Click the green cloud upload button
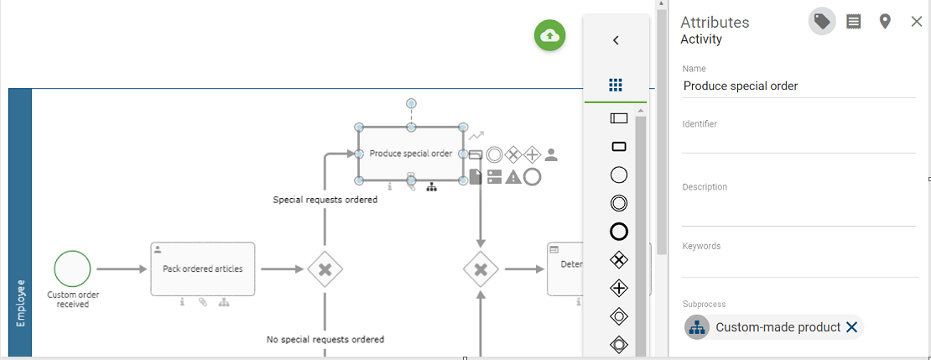550,35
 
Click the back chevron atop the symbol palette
616,40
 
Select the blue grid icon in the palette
616,86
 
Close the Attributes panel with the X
916,22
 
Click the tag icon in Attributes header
822,22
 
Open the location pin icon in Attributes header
885,22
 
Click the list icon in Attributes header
854,22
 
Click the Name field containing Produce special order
797,86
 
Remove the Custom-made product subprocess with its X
851,327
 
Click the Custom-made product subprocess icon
697,327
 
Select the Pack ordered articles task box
203,269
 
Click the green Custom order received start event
72,269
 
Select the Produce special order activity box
411,154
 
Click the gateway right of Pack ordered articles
325,269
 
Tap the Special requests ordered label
325,200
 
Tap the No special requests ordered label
325,340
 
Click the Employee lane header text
20,302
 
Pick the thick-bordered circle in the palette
619,232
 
